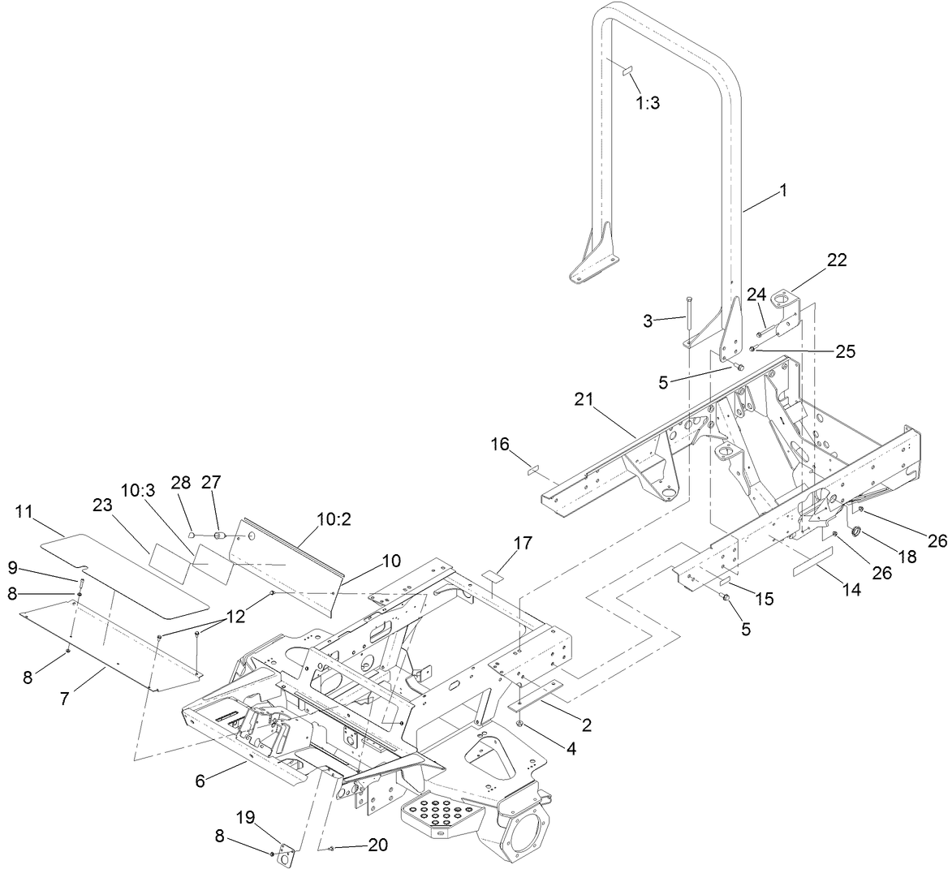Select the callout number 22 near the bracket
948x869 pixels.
836,260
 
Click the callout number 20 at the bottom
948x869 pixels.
377,845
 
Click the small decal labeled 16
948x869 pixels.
532,469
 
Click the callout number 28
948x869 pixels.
180,482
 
